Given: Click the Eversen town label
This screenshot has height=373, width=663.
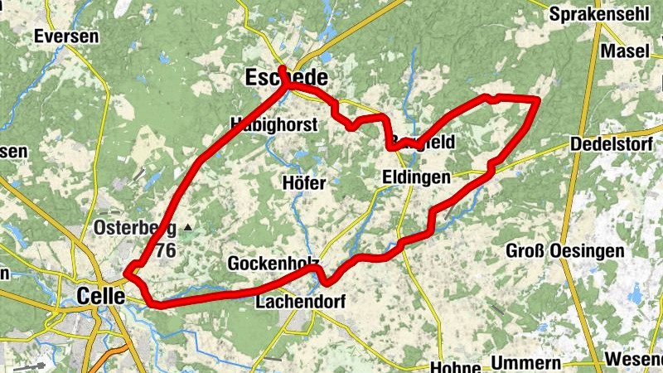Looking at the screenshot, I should (66, 36).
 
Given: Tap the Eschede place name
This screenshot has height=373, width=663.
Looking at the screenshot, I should (287, 79).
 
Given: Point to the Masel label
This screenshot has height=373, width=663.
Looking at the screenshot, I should (626, 51).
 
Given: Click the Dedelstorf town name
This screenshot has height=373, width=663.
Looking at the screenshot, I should (613, 145).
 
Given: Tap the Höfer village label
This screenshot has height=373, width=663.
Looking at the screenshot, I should (304, 182).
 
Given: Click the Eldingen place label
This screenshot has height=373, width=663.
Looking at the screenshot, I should (417, 177).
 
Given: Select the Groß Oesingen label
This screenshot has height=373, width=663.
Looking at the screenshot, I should (554, 250).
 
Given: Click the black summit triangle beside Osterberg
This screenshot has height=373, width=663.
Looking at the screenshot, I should (189, 226).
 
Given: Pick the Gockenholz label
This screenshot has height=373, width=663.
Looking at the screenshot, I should (273, 264).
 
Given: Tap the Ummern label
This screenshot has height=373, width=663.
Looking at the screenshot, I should (526, 363).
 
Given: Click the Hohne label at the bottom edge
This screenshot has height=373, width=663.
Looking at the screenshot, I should (457, 366).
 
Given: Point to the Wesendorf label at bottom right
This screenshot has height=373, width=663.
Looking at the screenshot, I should (634, 360).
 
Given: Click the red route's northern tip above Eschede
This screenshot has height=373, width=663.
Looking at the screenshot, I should (282, 68).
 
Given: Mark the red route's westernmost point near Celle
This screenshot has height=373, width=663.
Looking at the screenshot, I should (125, 271).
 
